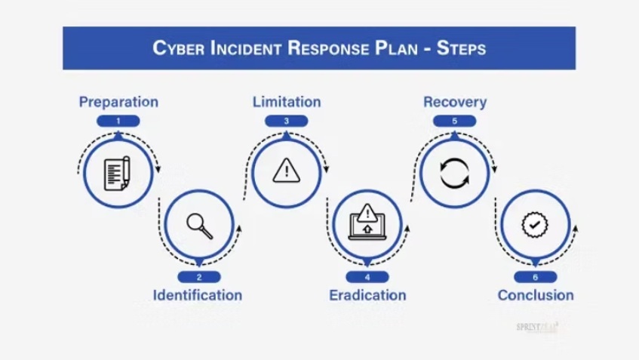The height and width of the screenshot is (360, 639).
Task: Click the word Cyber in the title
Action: pos(179,48)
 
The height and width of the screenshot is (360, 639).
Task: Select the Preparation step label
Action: pos(118,102)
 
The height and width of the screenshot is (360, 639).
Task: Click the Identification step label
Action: pos(198,294)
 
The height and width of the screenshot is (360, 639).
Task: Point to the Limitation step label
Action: pos(287,102)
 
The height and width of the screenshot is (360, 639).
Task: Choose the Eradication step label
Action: pos(367,294)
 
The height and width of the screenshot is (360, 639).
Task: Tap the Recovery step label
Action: pos(455,102)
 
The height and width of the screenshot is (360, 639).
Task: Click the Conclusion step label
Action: pos(536,294)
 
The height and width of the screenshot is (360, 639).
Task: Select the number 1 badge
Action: pos(118,121)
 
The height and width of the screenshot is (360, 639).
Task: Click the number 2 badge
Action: pos(199,277)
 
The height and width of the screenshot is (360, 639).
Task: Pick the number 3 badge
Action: pos(287,121)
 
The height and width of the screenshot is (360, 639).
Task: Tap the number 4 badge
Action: pos(367,277)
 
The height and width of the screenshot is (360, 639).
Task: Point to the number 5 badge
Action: pos(455,121)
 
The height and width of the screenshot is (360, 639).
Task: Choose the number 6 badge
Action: pos(536,277)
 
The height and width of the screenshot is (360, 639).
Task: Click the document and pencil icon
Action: pos(117,173)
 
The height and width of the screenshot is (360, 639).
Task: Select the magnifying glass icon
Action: pos(199,225)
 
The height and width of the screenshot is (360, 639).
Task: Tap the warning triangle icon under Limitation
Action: pos(287,171)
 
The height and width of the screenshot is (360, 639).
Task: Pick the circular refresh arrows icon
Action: pos(455,172)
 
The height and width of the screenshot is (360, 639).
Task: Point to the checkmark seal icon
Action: pos(536,225)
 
